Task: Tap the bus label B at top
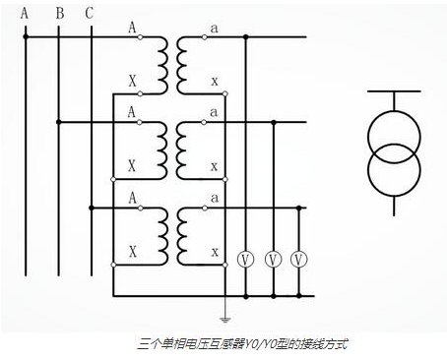coord(59,13)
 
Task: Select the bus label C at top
coord(90,13)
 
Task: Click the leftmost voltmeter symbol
coord(245,259)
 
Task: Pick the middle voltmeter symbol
coord(274,259)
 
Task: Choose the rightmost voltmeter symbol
coord(301,259)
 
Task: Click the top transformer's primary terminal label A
coord(132,29)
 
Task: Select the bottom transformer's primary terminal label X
coord(132,252)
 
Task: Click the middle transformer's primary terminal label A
coord(132,112)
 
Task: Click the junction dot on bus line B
coord(59,122)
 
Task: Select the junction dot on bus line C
coord(90,207)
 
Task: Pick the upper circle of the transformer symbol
coord(394,133)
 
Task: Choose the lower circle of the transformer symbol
coord(394,168)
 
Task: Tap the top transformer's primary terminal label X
coord(132,79)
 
